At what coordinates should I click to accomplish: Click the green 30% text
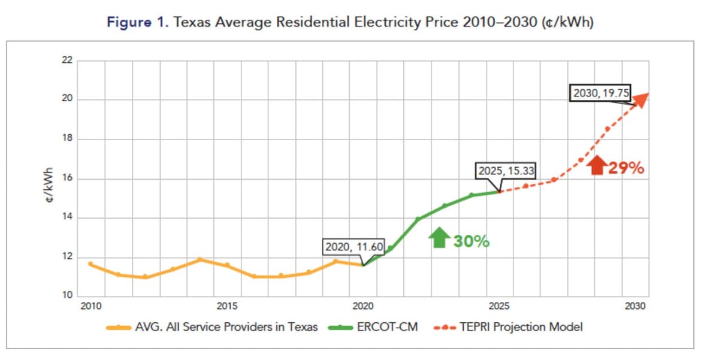coord(471,241)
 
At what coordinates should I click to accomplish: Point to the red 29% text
coord(626,168)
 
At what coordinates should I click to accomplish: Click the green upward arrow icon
coord(439,238)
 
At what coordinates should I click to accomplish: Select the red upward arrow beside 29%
coord(597,165)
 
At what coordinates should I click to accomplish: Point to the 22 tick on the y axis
coord(66,60)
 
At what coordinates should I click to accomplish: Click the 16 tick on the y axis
coord(66,179)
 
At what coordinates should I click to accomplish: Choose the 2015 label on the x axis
coord(226,307)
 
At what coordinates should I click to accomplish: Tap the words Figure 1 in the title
coord(137,22)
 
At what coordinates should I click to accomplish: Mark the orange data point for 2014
coord(200,260)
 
